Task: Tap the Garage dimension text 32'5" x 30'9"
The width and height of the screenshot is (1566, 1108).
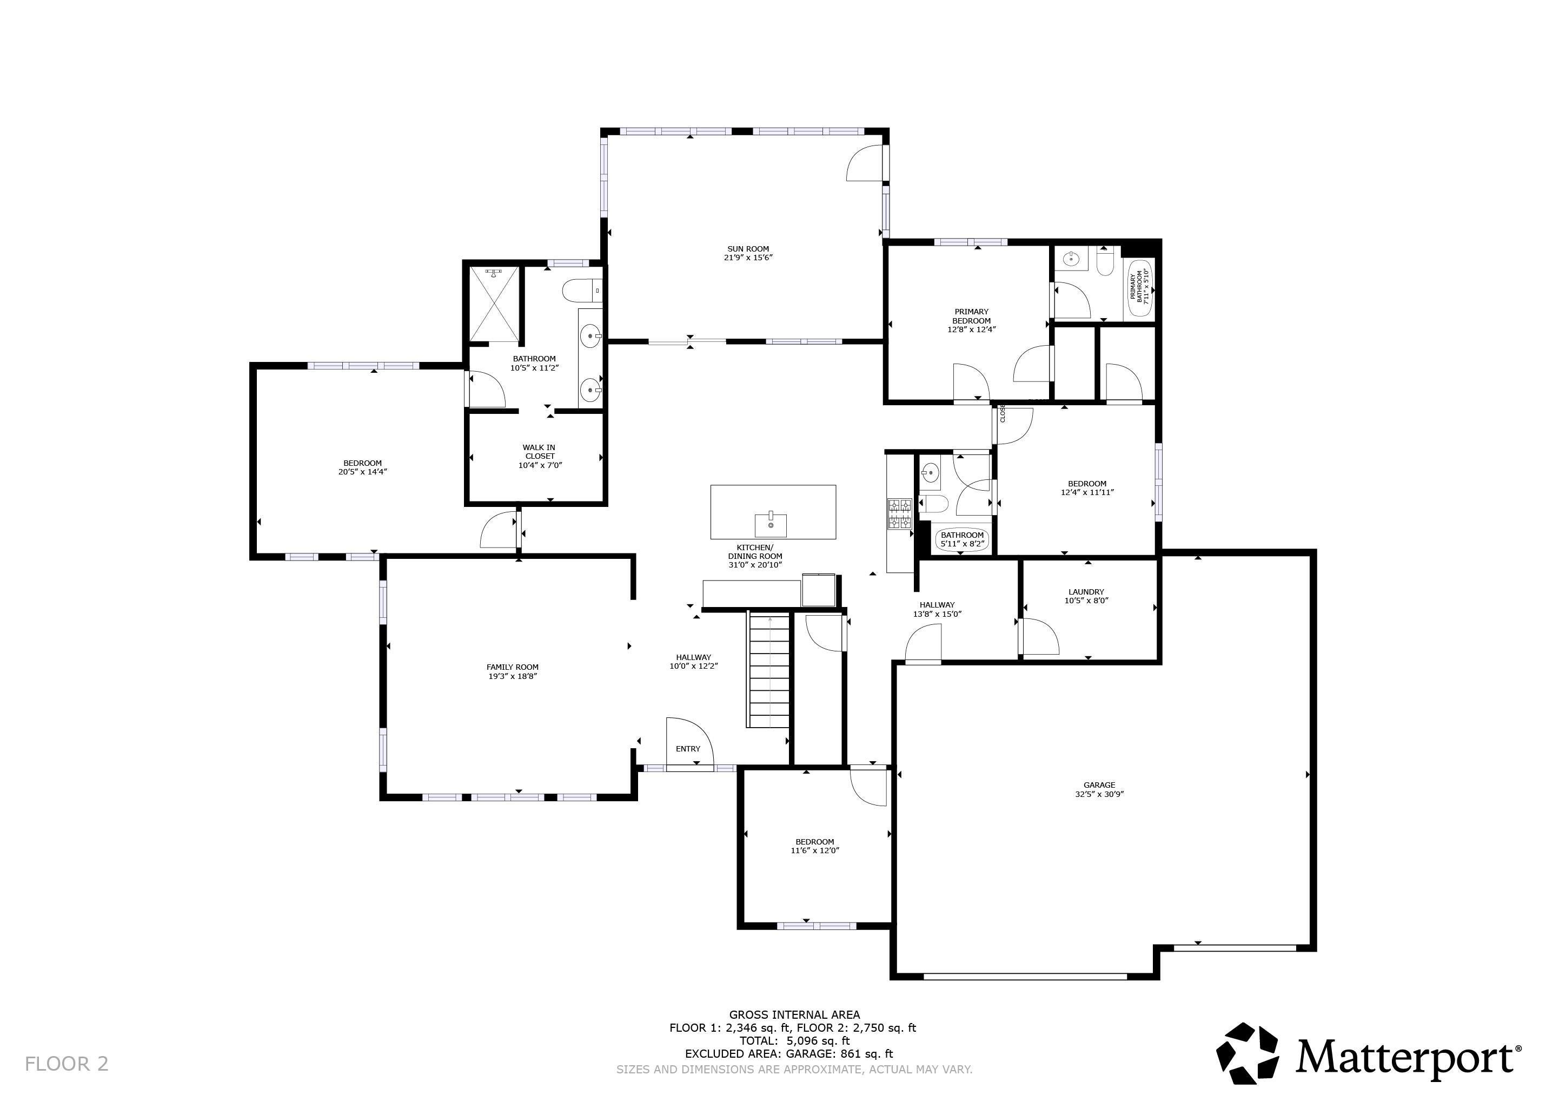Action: click(1099, 794)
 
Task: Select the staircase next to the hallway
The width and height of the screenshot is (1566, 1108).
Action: click(769, 670)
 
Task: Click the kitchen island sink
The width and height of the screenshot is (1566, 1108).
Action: click(771, 525)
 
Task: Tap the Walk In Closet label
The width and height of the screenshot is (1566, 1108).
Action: click(540, 452)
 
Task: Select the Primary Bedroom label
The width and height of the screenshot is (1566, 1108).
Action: click(971, 316)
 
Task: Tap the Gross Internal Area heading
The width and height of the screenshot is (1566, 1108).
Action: click(794, 1014)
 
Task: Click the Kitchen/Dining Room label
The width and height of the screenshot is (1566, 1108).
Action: click(754, 552)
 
